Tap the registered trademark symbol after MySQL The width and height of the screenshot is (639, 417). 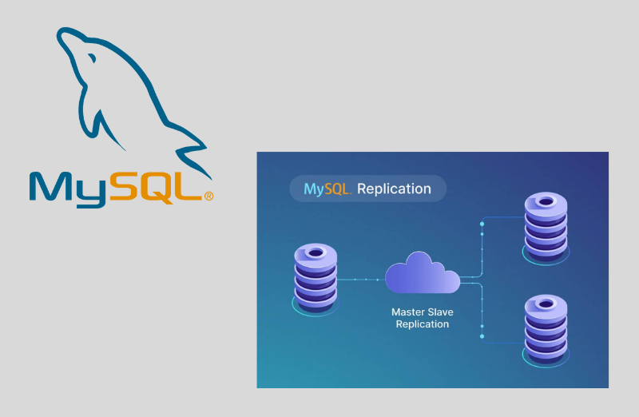[209, 196]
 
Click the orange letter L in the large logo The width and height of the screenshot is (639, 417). [189, 185]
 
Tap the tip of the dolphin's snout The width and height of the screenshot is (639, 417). [58, 33]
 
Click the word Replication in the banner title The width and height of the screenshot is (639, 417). [394, 189]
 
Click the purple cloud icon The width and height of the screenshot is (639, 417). [422, 273]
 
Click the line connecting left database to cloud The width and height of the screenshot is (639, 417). [360, 280]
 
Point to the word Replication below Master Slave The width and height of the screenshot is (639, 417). [423, 325]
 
